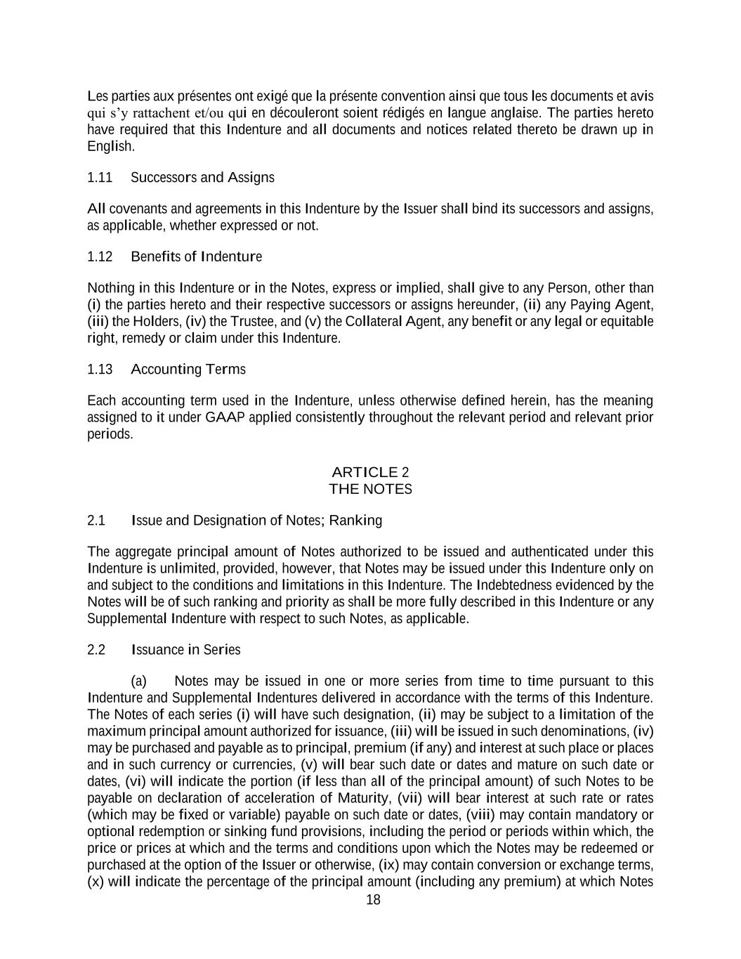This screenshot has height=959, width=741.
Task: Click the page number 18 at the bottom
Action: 373,900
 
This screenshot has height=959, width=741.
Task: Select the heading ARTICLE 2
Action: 370,472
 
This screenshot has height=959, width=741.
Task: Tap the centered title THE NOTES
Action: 370,489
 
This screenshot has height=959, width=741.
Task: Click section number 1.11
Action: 100,178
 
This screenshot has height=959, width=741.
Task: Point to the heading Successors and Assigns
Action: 202,178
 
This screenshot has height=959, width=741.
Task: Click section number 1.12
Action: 100,256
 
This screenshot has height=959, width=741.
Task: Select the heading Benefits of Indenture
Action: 196,256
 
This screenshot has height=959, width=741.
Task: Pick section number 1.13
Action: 100,370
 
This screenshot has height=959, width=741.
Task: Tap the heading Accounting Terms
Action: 188,370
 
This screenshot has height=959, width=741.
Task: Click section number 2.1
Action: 96,521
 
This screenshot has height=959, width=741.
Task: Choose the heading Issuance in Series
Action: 185,650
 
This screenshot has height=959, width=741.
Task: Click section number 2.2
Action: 96,650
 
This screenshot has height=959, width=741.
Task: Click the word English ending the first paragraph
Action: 110,147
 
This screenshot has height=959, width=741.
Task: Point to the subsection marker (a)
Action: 139,681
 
